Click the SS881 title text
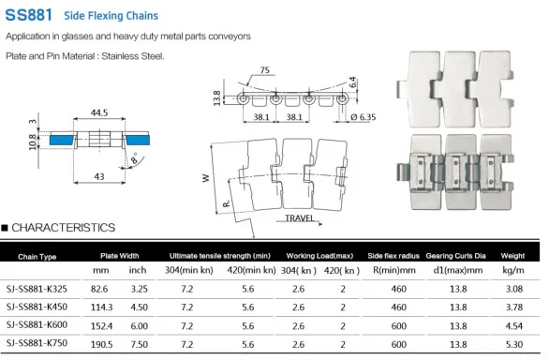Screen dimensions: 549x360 pos(29,15)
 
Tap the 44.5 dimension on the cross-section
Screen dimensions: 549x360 pos(99,112)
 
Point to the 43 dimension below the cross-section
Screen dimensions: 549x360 pos(99,176)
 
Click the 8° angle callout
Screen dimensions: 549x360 pos(135,158)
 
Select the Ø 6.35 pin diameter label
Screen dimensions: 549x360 pos(364,117)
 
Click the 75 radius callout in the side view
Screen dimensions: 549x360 pos(265,70)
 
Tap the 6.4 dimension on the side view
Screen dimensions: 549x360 pos(353,82)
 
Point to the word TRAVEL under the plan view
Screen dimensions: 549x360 pos(300,218)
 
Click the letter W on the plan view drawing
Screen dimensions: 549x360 pos(205,178)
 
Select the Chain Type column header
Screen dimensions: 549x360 pos(37,257)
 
